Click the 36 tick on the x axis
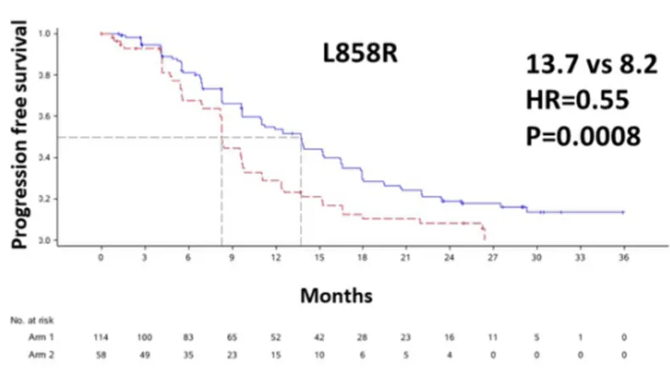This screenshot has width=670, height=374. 623,256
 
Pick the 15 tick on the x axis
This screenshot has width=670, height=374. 319,256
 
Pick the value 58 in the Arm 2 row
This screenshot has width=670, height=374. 101,353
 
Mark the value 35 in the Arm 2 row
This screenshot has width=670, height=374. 188,353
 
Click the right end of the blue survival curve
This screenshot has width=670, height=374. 623,212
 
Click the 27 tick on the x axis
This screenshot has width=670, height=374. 493,256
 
